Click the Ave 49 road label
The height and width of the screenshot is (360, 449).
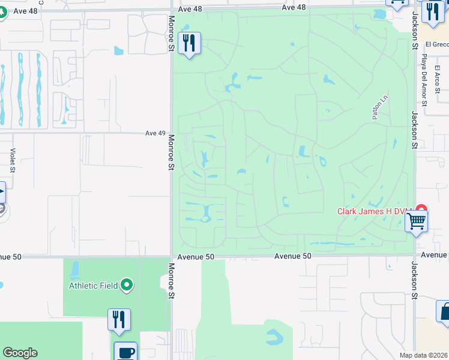[x=155, y=133]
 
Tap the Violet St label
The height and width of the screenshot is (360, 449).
[x=12, y=160]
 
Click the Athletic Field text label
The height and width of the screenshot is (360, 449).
[x=93, y=286]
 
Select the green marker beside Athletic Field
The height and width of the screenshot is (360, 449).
[x=127, y=285]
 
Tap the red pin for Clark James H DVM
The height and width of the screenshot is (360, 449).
[x=421, y=210]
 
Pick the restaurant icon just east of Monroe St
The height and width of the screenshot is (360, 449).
[x=190, y=43]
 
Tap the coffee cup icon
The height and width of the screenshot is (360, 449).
[x=125, y=352]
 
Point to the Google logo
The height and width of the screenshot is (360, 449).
[x=20, y=353]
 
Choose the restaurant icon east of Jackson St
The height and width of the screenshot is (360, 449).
[x=432, y=11]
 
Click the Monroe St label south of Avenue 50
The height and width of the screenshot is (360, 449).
[x=171, y=281]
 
